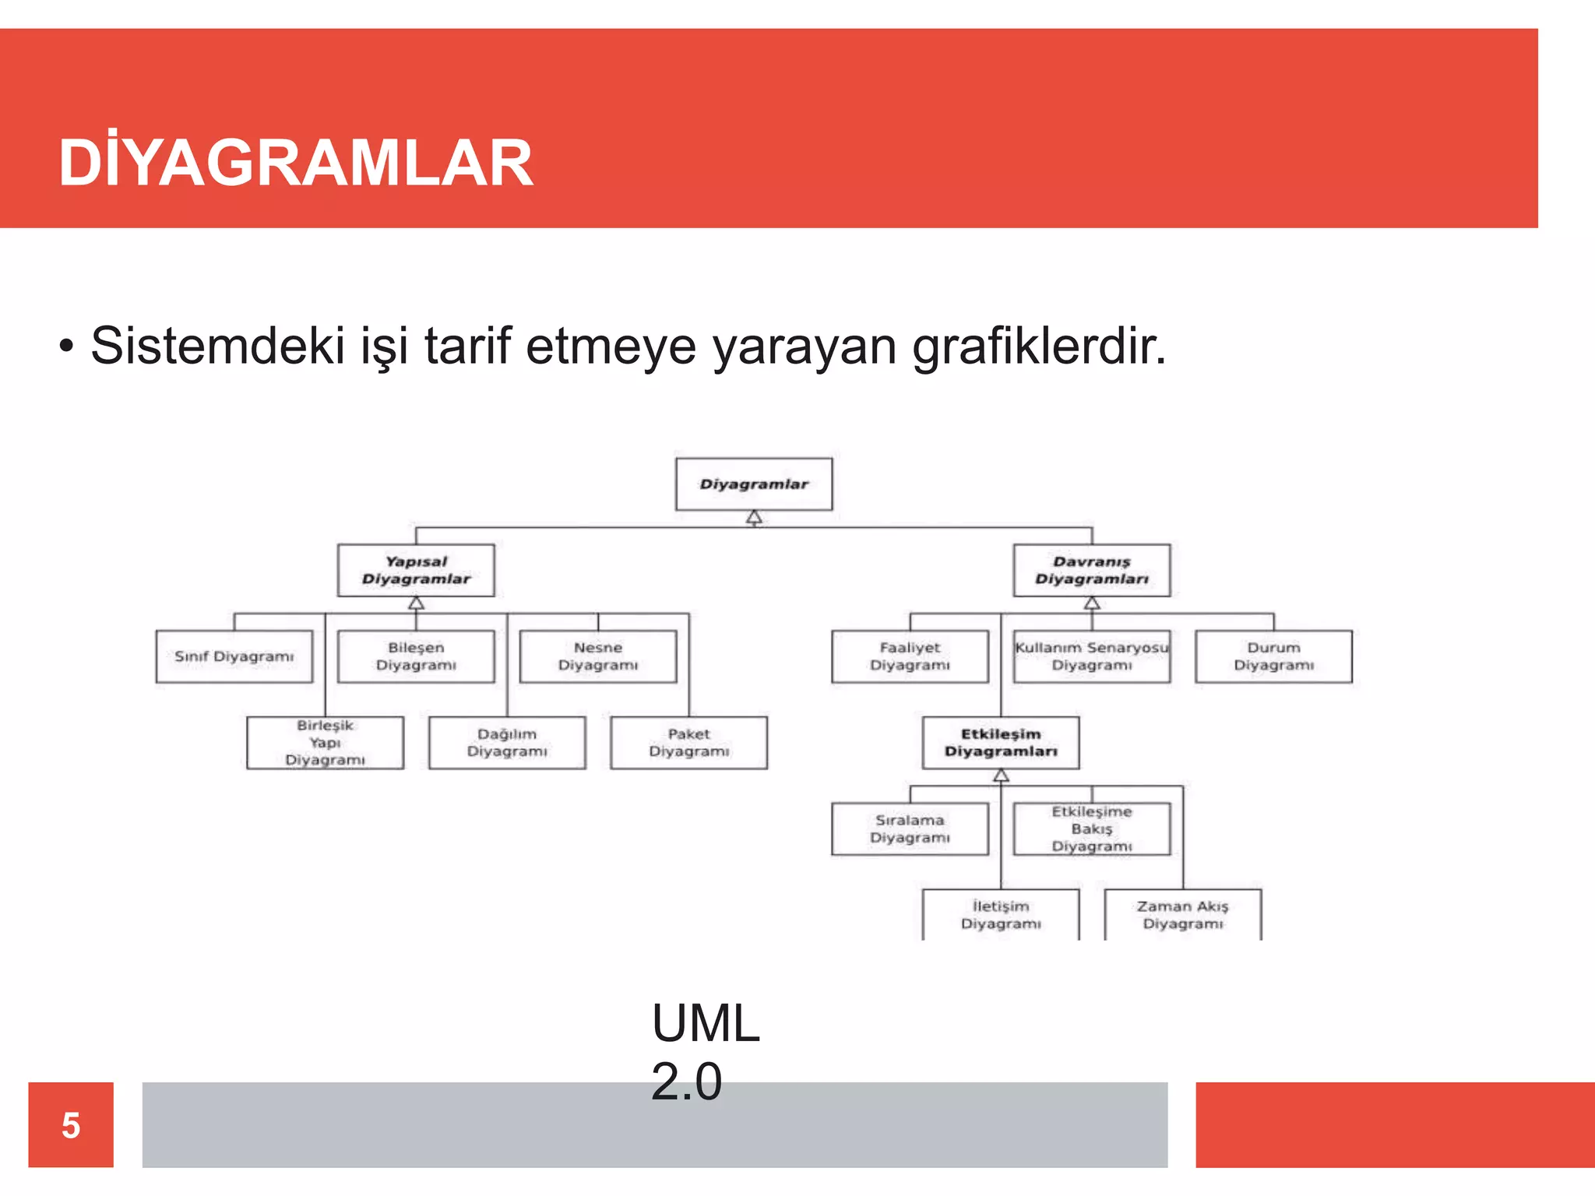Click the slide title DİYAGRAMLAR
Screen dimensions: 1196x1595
[x=296, y=163]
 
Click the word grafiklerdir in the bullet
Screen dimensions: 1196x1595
[x=1039, y=346]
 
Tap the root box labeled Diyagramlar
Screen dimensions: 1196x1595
[x=754, y=484]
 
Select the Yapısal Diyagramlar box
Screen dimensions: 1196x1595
[x=416, y=570]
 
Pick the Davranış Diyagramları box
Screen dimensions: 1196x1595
[x=1091, y=570]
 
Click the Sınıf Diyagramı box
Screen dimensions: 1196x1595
[x=234, y=656]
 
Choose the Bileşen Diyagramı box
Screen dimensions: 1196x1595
[x=416, y=656]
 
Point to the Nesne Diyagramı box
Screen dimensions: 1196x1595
[x=598, y=656]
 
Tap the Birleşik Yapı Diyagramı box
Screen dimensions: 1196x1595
[x=325, y=743]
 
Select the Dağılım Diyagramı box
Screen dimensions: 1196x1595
[x=507, y=743]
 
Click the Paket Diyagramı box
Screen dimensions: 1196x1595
[x=689, y=743]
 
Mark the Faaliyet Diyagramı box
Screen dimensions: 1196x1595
[x=910, y=656]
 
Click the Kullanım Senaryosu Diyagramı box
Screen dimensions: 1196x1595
[x=1091, y=656]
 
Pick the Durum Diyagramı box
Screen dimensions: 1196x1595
[x=1273, y=656]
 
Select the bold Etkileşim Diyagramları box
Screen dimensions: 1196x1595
[x=1001, y=743]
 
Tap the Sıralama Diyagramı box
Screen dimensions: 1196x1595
[x=910, y=829]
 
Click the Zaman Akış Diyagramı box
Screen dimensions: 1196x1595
[x=1182, y=915]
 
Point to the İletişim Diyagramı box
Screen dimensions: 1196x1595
[x=1001, y=915]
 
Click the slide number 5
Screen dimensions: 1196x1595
[x=71, y=1125]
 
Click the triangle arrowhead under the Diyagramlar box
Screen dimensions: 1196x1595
[x=754, y=518]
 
